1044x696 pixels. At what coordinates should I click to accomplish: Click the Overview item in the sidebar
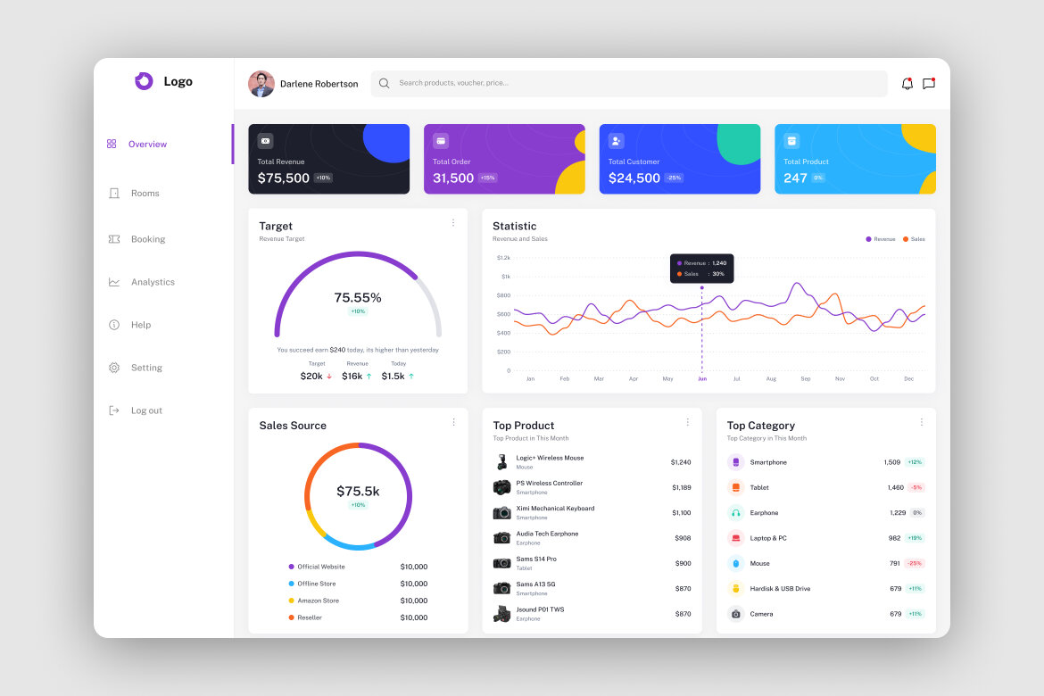(146, 144)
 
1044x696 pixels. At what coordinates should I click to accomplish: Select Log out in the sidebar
(145, 410)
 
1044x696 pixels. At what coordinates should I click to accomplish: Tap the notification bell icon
(907, 84)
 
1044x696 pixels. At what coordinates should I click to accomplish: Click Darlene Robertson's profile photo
(261, 84)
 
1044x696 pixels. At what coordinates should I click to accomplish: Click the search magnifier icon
(384, 83)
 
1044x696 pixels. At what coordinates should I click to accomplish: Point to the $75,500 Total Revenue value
(283, 178)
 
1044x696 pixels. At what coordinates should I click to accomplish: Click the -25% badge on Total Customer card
(674, 178)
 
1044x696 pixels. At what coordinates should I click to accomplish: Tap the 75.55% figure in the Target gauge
(358, 297)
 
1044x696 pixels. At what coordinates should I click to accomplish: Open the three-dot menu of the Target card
(452, 223)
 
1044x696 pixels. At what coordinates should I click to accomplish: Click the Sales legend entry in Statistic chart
(914, 239)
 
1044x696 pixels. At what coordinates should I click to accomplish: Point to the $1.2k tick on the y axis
(503, 258)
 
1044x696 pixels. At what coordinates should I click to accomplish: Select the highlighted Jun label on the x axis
(701, 379)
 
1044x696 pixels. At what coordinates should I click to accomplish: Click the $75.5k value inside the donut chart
(358, 491)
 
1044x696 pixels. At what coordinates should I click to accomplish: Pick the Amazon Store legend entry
(318, 601)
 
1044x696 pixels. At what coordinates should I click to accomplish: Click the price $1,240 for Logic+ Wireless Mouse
(681, 462)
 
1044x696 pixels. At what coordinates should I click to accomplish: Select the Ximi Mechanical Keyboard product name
(555, 509)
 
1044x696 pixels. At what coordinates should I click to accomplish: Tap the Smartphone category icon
(735, 462)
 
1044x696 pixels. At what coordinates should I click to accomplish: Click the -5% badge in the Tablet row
(916, 488)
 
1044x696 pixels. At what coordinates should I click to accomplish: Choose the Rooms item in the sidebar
(145, 193)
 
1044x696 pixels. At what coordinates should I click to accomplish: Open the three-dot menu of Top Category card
(922, 422)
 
